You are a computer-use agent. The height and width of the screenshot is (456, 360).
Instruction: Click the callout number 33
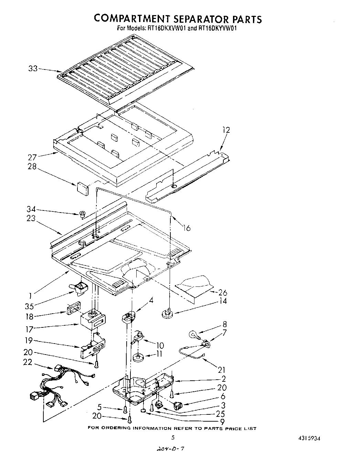tap(33, 68)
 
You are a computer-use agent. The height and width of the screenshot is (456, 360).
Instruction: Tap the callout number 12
tap(226, 130)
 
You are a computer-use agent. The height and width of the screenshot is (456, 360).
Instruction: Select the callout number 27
tap(32, 158)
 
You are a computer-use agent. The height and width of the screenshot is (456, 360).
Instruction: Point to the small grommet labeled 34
tap(82, 215)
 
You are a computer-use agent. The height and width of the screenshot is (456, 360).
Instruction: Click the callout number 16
tap(186, 228)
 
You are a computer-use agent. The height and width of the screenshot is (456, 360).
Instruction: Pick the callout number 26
tap(223, 293)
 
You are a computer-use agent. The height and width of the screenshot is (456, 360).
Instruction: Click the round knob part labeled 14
tap(167, 313)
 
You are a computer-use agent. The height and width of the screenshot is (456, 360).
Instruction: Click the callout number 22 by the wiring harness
tap(28, 362)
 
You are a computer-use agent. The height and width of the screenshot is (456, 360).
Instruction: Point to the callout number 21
tap(221, 370)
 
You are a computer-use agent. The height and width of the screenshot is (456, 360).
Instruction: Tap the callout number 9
tap(222, 421)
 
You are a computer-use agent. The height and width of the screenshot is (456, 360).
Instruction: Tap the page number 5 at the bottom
tap(173, 438)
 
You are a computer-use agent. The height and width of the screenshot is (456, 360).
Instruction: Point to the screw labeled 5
tap(125, 409)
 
